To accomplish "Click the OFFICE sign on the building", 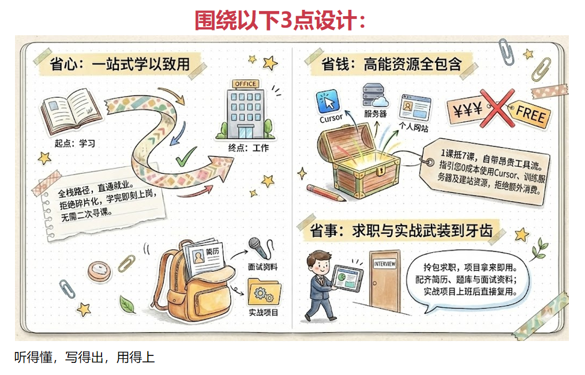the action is point(245,84).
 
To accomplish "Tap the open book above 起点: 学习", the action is point(70,110).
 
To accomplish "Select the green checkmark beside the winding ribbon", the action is point(186,156).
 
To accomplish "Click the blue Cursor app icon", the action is point(328,101).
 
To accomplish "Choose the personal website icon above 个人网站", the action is point(415,108).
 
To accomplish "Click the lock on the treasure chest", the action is point(380,171).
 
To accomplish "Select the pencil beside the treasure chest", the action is point(326,193).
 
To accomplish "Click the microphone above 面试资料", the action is point(260,247).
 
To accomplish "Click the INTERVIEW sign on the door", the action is point(384,264).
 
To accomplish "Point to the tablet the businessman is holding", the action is point(347,278).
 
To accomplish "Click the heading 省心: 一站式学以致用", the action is point(120,64).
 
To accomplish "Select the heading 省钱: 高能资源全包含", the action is point(392,64).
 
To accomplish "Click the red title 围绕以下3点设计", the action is point(280,20).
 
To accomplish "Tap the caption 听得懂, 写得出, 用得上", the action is point(84,357).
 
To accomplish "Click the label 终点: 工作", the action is point(249,148).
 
